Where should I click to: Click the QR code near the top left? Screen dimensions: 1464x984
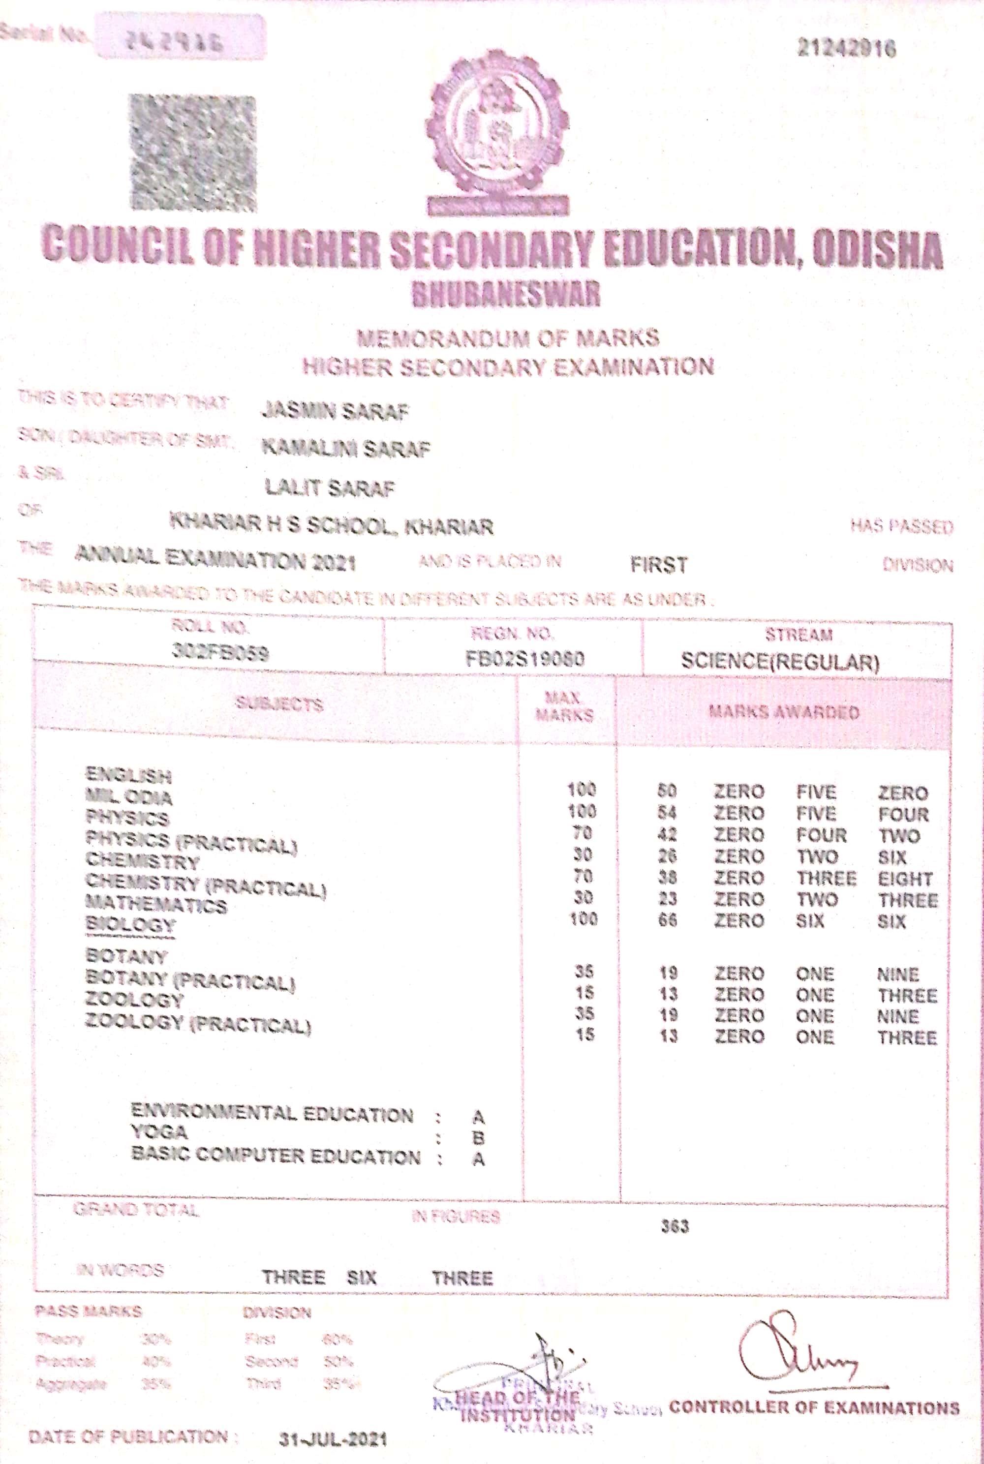(193, 152)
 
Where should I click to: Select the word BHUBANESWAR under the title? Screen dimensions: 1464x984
(506, 294)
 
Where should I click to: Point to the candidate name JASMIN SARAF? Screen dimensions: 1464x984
(335, 411)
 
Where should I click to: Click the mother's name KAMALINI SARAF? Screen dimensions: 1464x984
(346, 448)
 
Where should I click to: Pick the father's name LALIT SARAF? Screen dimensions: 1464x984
(330, 487)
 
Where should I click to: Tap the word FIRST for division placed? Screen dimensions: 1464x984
(658, 565)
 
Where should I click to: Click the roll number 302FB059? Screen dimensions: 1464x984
(220, 653)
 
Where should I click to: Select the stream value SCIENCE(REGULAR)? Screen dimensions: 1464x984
(780, 661)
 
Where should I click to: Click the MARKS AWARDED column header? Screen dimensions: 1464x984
(783, 712)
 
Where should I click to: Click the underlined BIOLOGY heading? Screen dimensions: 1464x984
(130, 924)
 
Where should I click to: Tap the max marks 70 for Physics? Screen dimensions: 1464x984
(583, 833)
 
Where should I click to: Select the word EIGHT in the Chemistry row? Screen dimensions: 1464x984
(905, 879)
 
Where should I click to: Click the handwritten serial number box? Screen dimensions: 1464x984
(180, 38)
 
